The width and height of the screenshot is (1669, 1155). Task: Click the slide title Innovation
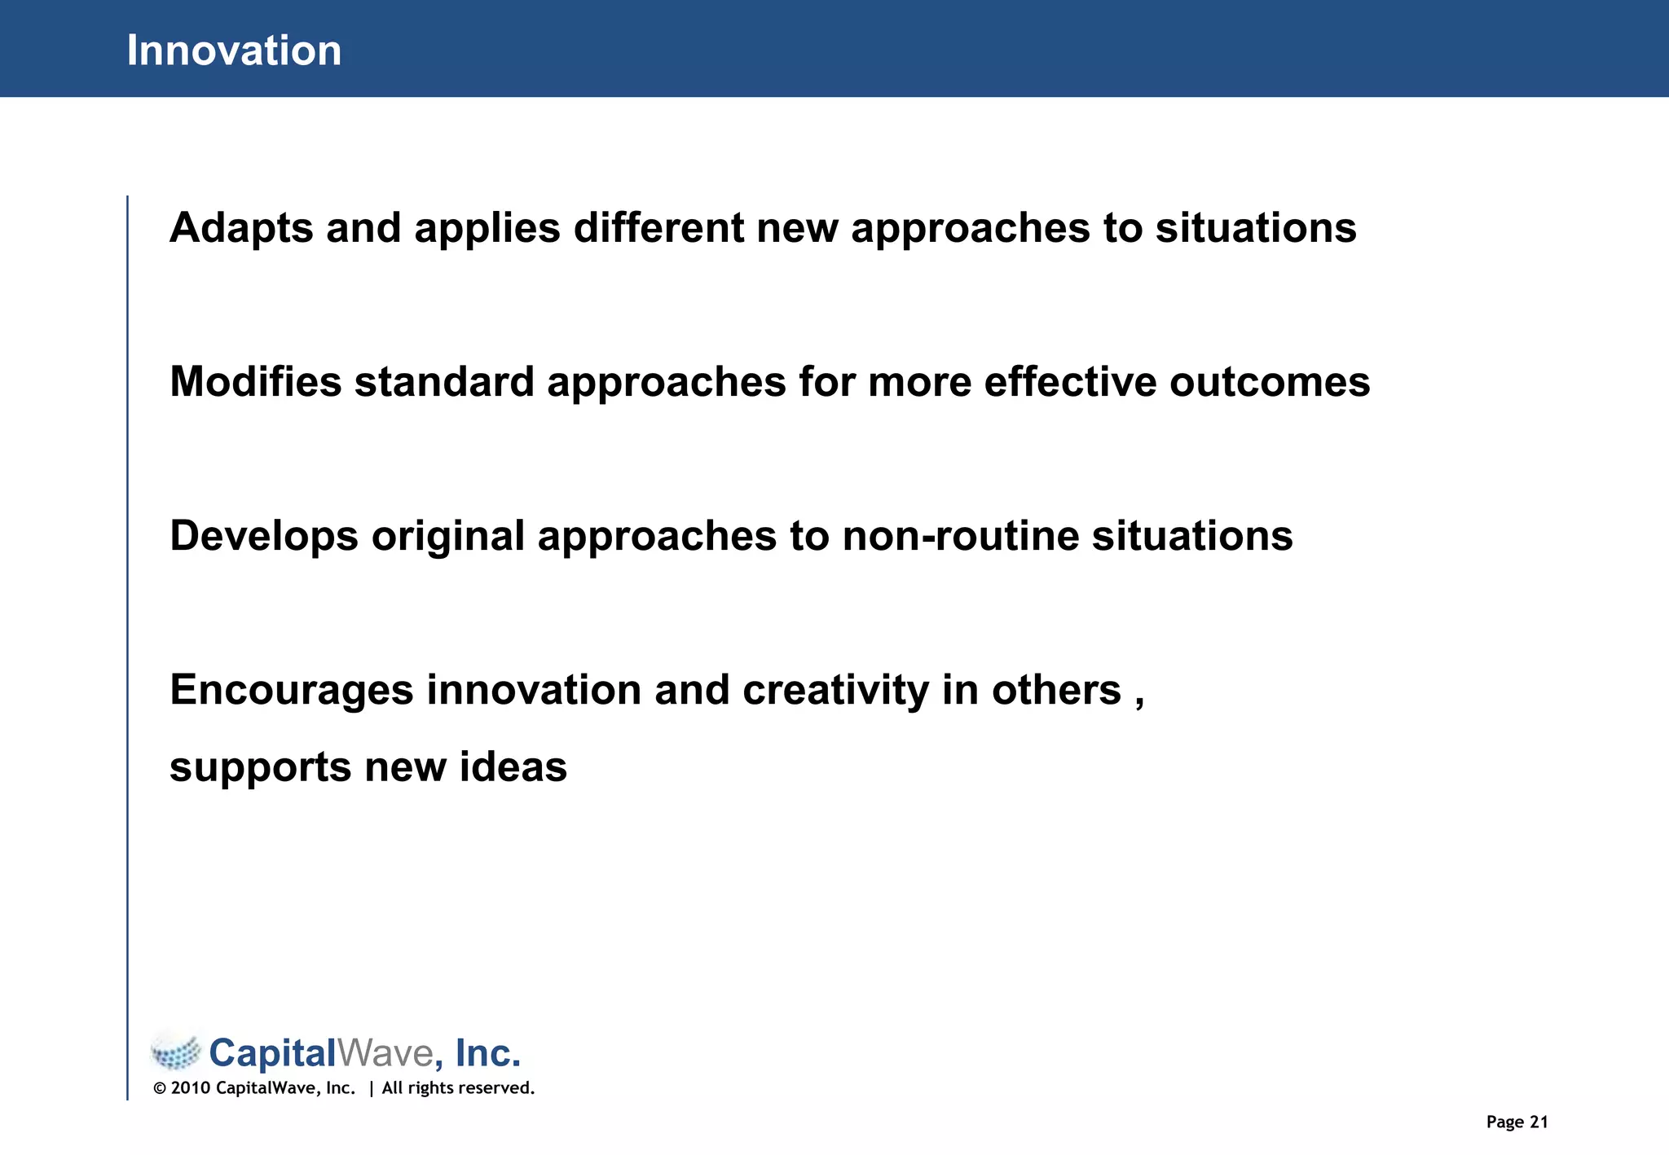coord(234,51)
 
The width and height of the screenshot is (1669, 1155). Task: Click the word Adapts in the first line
coord(240,228)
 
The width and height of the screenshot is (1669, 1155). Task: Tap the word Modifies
coord(255,382)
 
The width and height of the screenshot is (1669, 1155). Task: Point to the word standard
coord(444,382)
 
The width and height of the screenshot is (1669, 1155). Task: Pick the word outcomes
coord(1270,382)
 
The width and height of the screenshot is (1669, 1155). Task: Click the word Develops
coord(264,536)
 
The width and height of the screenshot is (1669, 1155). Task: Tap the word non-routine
coord(960,536)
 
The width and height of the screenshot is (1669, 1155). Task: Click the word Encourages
coord(292,691)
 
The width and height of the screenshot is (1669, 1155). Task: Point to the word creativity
coord(835,691)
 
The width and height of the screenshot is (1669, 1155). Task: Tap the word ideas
coord(513,767)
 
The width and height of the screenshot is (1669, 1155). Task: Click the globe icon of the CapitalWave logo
coord(175,1052)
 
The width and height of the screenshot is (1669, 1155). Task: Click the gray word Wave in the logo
coord(385,1053)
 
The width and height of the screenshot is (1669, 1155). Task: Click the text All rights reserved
coord(458,1088)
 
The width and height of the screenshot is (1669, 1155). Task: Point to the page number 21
coord(1539,1122)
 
